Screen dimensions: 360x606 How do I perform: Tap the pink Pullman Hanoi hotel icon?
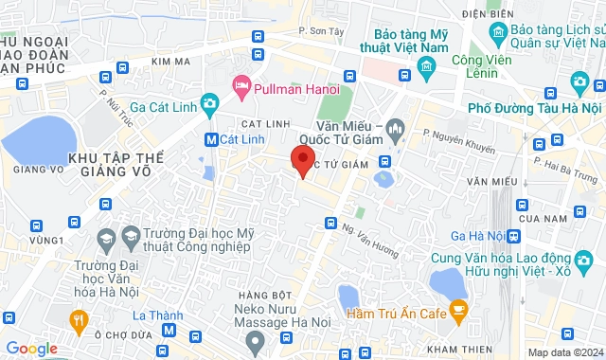(241, 88)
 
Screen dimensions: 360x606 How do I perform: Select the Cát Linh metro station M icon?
(212, 138)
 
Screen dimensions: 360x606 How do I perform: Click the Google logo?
(31, 349)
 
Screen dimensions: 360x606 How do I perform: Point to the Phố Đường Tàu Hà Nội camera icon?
(579, 82)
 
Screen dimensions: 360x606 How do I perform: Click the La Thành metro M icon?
(169, 330)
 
